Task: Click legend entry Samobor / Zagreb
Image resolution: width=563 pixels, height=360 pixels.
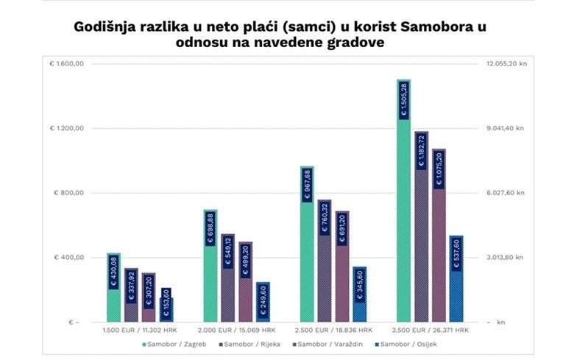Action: [x=176, y=344]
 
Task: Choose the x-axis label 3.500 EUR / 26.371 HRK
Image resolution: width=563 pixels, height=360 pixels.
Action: [x=430, y=331]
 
